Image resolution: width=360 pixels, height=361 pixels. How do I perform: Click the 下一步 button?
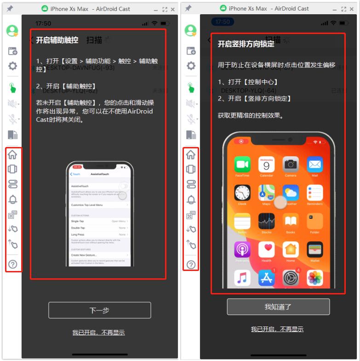pyautogui.click(x=99, y=310)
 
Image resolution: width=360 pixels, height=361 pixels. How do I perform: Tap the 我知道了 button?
pyautogui.click(x=278, y=307)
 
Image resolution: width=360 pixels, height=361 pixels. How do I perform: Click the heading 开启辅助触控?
pyautogui.click(x=57, y=40)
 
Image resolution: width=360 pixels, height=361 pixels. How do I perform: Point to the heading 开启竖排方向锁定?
pyautogui.click(x=246, y=44)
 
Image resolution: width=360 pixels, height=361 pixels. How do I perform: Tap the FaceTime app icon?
pyautogui.click(x=242, y=164)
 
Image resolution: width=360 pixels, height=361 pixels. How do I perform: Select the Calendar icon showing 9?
pyautogui.click(x=266, y=164)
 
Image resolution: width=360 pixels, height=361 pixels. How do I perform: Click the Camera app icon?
pyautogui.click(x=291, y=164)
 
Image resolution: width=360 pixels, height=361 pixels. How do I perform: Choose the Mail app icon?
pyautogui.click(x=315, y=164)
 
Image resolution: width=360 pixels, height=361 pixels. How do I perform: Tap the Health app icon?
pyautogui.click(x=266, y=249)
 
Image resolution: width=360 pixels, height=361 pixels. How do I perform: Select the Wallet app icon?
pyautogui.click(x=315, y=249)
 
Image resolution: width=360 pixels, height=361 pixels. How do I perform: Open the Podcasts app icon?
pyautogui.click(x=242, y=249)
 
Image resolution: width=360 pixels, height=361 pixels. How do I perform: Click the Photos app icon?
pyautogui.click(x=315, y=277)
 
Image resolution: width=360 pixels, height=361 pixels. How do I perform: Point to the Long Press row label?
pyautogui.click(x=79, y=234)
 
